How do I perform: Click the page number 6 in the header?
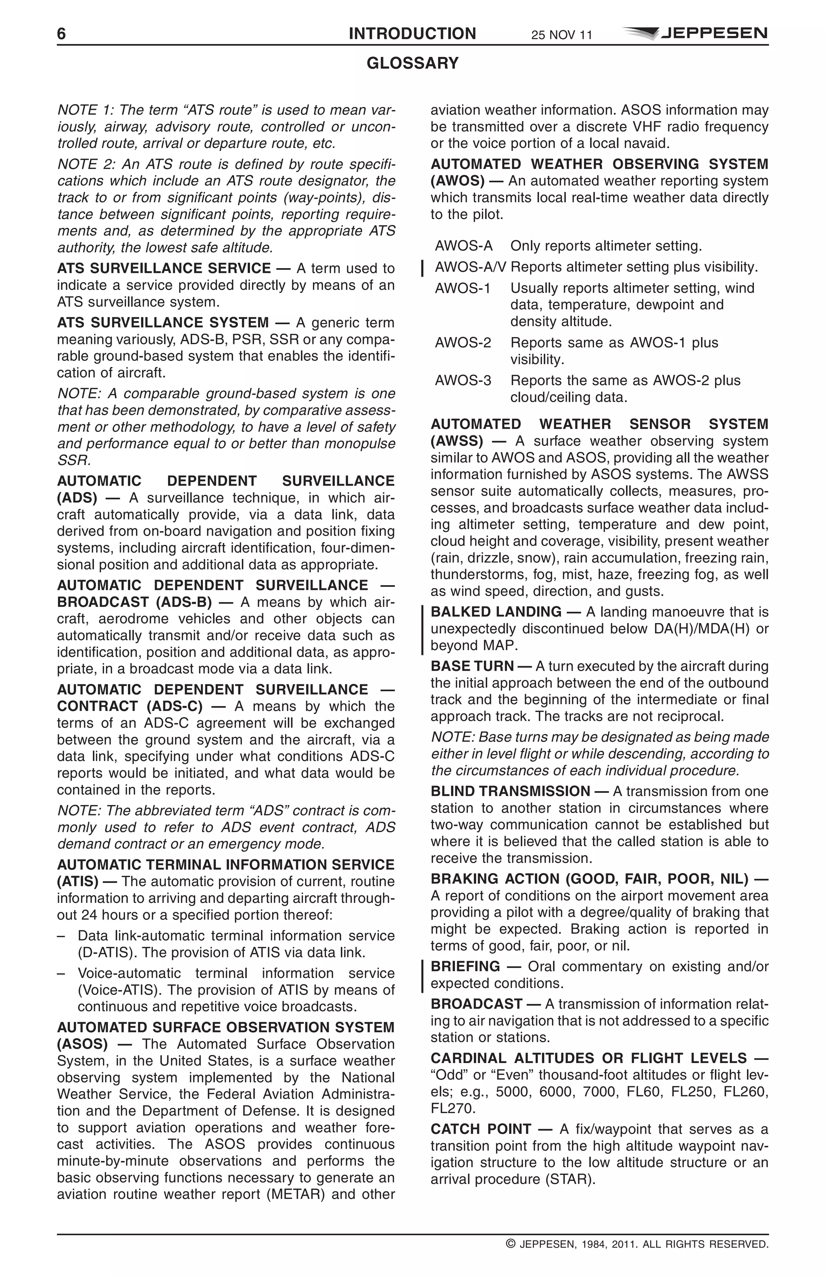click(x=62, y=34)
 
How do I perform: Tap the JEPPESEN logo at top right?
click(x=695, y=33)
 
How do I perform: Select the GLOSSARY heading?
click(x=413, y=63)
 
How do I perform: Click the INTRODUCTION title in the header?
click(x=412, y=34)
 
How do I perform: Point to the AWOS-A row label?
click(x=463, y=246)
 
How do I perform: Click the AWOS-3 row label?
click(x=463, y=381)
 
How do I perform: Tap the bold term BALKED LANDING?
click(x=496, y=612)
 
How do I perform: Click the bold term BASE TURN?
click(x=472, y=666)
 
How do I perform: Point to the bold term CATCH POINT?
click(x=481, y=1129)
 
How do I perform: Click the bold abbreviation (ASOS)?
click(x=82, y=1045)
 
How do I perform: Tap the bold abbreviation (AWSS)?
click(x=457, y=441)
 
